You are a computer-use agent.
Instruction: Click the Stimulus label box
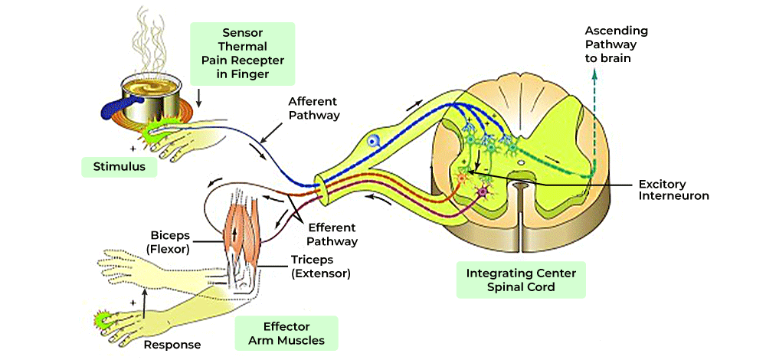(119, 166)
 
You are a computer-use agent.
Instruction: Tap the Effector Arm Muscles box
(286, 332)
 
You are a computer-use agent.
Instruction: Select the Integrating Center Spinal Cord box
(521, 280)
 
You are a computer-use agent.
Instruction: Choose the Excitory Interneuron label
(673, 190)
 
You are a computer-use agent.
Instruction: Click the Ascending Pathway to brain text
(617, 44)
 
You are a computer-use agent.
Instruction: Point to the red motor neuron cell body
(461, 178)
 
